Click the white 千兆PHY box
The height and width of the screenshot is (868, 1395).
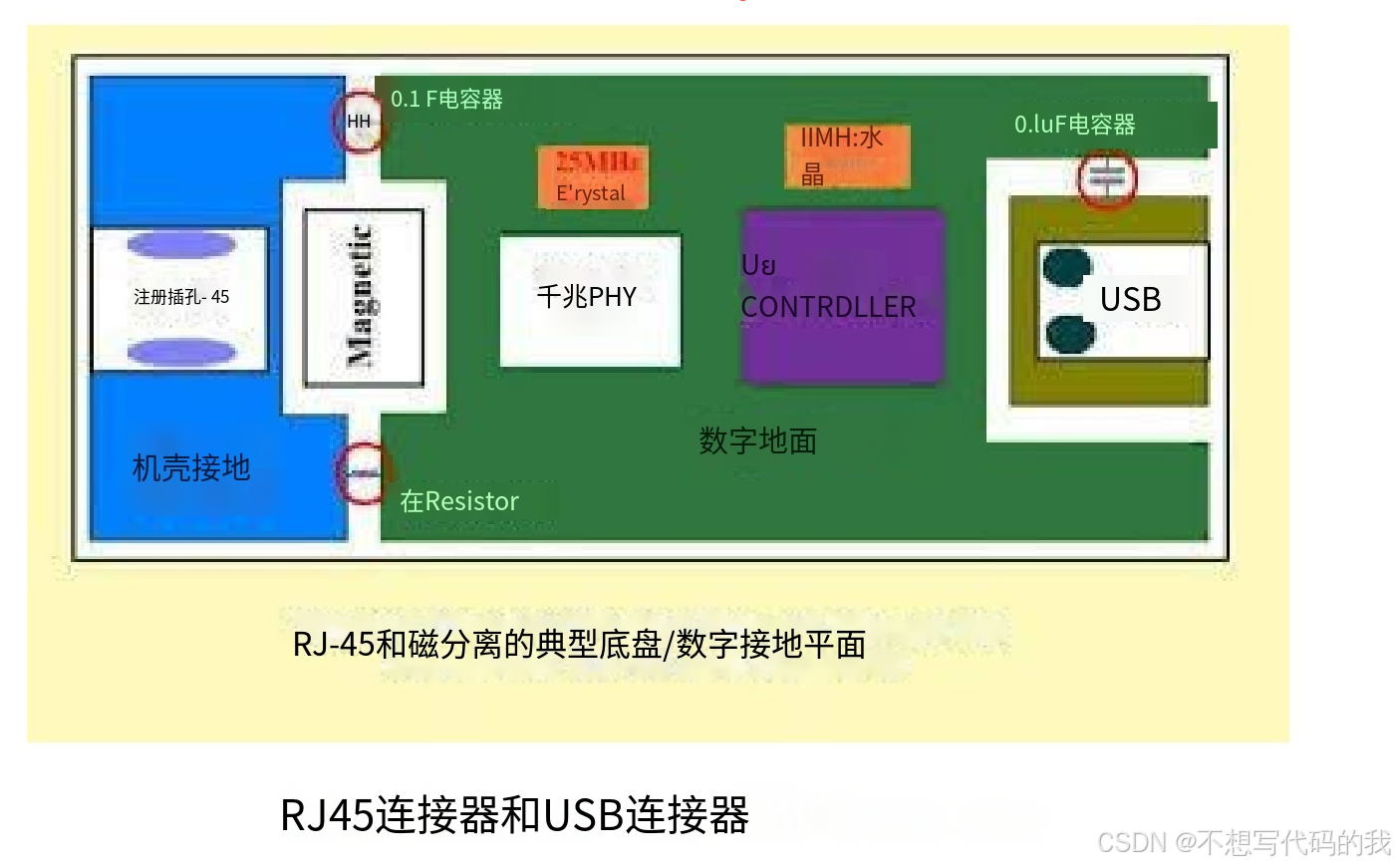point(590,300)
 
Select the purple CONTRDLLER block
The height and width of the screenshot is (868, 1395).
point(843,296)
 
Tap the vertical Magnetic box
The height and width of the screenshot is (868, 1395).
point(363,297)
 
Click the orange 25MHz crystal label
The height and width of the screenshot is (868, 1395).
point(594,176)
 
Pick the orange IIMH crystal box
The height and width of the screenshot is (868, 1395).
point(848,154)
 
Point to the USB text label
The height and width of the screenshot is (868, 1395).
point(1130,299)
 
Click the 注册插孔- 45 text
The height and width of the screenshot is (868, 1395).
point(181,297)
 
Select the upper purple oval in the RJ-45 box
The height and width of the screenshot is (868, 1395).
point(181,244)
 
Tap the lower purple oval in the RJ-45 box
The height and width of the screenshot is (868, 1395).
point(181,351)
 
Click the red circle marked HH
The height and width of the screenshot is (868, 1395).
point(359,122)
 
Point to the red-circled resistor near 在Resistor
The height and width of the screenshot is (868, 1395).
point(363,473)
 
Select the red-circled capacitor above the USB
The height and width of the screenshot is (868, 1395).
point(1107,179)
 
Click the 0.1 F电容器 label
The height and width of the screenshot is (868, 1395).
point(446,99)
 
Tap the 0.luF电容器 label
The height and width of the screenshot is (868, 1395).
point(1074,125)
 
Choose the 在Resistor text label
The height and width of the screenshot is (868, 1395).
point(459,500)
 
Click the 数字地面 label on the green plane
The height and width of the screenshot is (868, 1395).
point(757,440)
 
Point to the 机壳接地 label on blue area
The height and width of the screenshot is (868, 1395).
point(191,467)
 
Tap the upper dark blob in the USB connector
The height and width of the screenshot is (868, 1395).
point(1067,266)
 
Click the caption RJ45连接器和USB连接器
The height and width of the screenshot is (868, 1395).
point(514,815)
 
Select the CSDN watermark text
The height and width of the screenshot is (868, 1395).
point(1244,843)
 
